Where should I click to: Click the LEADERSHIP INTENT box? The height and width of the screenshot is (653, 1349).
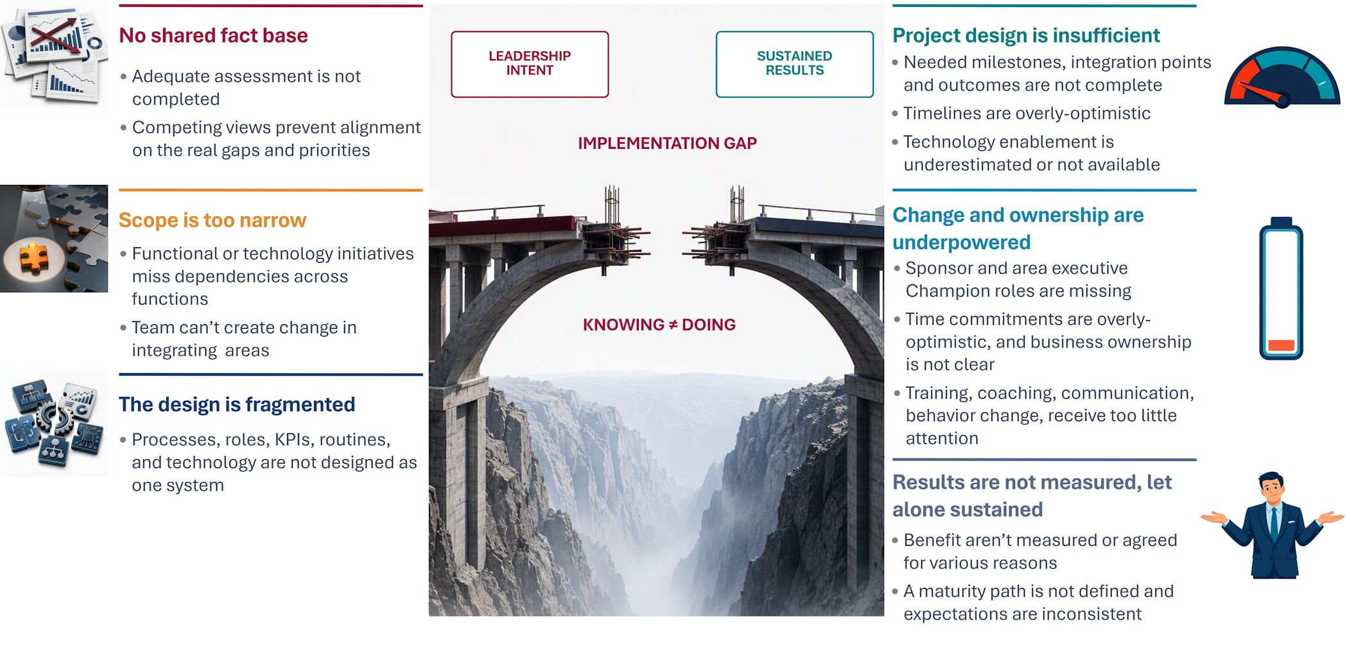click(530, 64)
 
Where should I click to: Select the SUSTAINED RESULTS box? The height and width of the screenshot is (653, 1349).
click(794, 64)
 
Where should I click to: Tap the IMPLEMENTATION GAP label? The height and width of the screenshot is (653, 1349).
click(667, 143)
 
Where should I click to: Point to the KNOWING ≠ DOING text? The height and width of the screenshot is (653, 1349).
click(659, 325)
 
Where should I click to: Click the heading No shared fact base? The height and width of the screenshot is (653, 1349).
click(213, 35)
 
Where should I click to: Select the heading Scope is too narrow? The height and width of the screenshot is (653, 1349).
click(213, 220)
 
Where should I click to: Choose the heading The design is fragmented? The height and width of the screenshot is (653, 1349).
click(237, 405)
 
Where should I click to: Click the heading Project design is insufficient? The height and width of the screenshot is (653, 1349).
click(1026, 35)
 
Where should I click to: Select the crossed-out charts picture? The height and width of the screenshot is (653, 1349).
click(54, 55)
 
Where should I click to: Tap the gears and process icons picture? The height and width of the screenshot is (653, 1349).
click(54, 422)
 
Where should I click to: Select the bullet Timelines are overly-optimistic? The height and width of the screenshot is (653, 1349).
click(1027, 114)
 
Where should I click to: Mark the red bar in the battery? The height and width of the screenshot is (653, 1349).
click(1281, 345)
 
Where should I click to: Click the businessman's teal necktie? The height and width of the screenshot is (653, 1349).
click(1273, 523)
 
